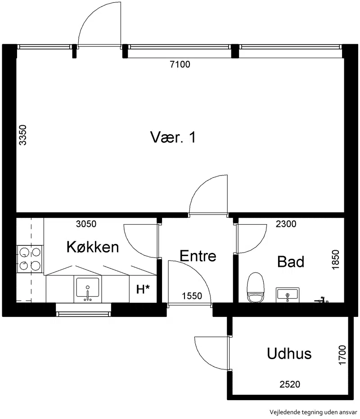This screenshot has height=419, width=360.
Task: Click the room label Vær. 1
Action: (x=173, y=137)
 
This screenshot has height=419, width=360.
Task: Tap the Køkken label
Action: (x=93, y=247)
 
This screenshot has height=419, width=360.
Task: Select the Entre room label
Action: (x=198, y=256)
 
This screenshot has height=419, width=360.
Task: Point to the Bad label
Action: (x=291, y=261)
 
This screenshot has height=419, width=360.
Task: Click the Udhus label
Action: (x=289, y=353)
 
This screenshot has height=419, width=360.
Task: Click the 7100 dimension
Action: (x=180, y=64)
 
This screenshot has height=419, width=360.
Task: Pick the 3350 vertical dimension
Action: (x=23, y=135)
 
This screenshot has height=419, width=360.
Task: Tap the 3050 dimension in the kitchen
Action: (x=86, y=224)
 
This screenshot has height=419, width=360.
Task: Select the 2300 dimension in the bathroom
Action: (x=286, y=224)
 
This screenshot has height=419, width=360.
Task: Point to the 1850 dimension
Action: (x=335, y=260)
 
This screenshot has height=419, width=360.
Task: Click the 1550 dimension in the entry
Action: (x=192, y=296)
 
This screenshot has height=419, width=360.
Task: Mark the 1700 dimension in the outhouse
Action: (x=342, y=355)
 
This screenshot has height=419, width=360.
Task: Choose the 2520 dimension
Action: (x=290, y=384)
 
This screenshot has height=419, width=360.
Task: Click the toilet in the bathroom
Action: (x=256, y=288)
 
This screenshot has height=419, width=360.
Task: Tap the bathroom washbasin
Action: (x=287, y=295)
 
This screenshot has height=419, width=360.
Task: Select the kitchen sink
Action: (x=88, y=289)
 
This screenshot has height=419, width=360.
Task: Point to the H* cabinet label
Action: (x=143, y=289)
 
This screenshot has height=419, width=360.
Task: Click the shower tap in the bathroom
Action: (x=321, y=300)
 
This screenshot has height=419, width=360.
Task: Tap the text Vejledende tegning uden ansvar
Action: (x=313, y=412)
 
